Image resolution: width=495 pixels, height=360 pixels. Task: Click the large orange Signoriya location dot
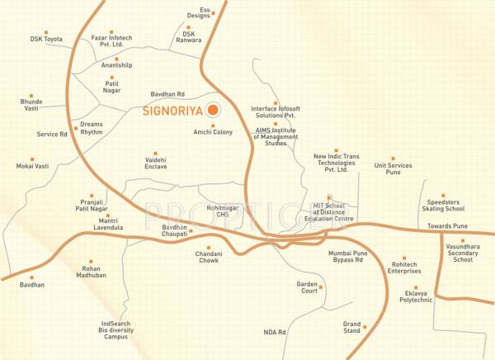point(213,110)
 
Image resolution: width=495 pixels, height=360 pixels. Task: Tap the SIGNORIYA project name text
point(173,110)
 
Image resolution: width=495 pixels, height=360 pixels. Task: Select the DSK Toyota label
point(46,39)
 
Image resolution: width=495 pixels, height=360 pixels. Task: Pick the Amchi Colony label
point(213,132)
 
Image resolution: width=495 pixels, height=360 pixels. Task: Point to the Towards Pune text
point(448,225)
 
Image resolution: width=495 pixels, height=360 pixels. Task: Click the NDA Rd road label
point(275,332)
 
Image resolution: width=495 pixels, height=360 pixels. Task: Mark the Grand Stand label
point(352,330)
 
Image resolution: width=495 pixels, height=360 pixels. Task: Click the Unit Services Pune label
point(393,170)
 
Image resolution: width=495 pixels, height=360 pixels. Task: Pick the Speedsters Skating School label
point(447,206)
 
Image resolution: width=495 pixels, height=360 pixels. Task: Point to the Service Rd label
point(52,134)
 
